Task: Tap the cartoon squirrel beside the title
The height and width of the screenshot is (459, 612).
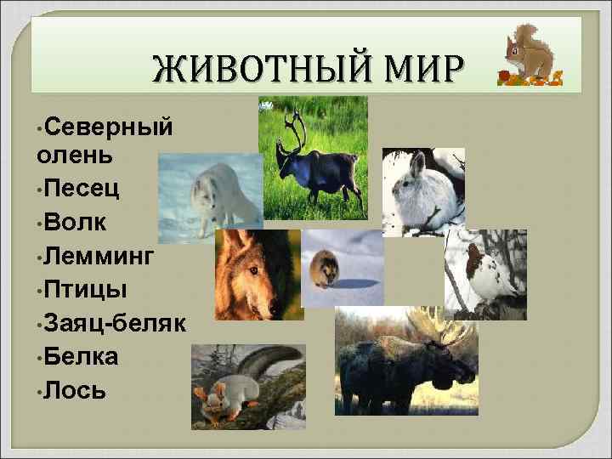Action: coord(527,55)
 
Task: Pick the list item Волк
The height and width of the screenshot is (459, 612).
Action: coord(77,224)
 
